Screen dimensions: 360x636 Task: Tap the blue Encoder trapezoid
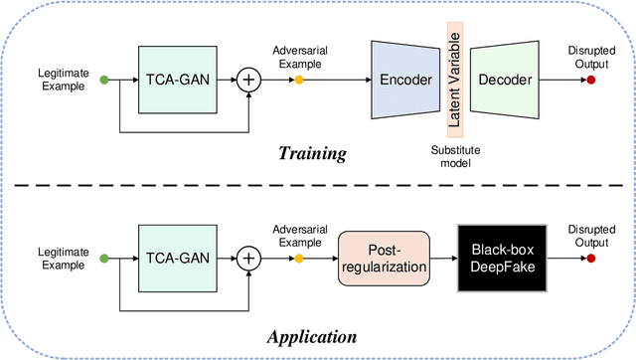(x=406, y=80)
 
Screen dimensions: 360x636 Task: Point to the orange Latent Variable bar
(x=456, y=80)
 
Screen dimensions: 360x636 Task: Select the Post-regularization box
(x=384, y=260)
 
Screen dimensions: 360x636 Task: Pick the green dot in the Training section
(x=105, y=80)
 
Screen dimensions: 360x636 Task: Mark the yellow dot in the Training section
(x=297, y=80)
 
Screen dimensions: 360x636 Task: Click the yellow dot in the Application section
(x=297, y=259)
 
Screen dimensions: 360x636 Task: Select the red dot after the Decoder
(x=591, y=80)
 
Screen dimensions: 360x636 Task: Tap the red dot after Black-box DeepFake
(x=591, y=259)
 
